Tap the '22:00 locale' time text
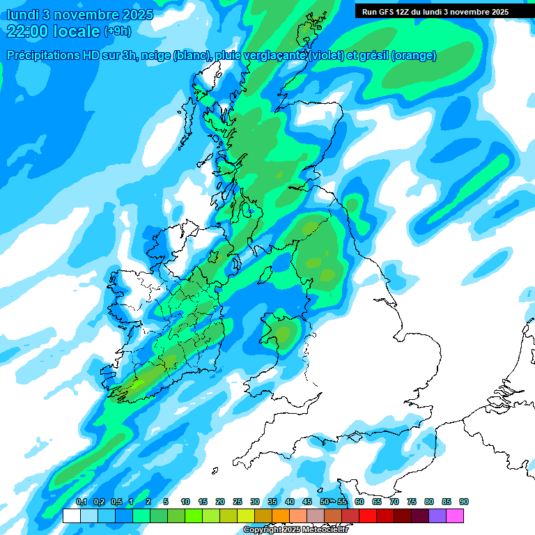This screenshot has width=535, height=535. tap(53, 31)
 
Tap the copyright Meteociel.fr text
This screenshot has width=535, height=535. tap(295, 530)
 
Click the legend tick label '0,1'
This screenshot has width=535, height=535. tap(81, 502)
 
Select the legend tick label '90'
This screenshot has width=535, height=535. tap(464, 502)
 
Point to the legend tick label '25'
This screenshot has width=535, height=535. tap(238, 502)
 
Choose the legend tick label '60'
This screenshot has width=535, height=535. tap(359, 502)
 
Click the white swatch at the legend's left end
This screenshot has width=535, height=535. tap(71, 515)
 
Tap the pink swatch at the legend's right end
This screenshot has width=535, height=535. tap(455, 515)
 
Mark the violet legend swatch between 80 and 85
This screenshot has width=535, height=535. tap(437, 515)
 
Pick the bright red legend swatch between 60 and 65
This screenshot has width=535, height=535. tap(368, 515)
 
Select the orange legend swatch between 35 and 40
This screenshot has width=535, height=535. tap(281, 515)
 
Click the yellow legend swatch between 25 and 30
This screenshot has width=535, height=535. tap(246, 515)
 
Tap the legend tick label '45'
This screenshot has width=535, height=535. tap(307, 502)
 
